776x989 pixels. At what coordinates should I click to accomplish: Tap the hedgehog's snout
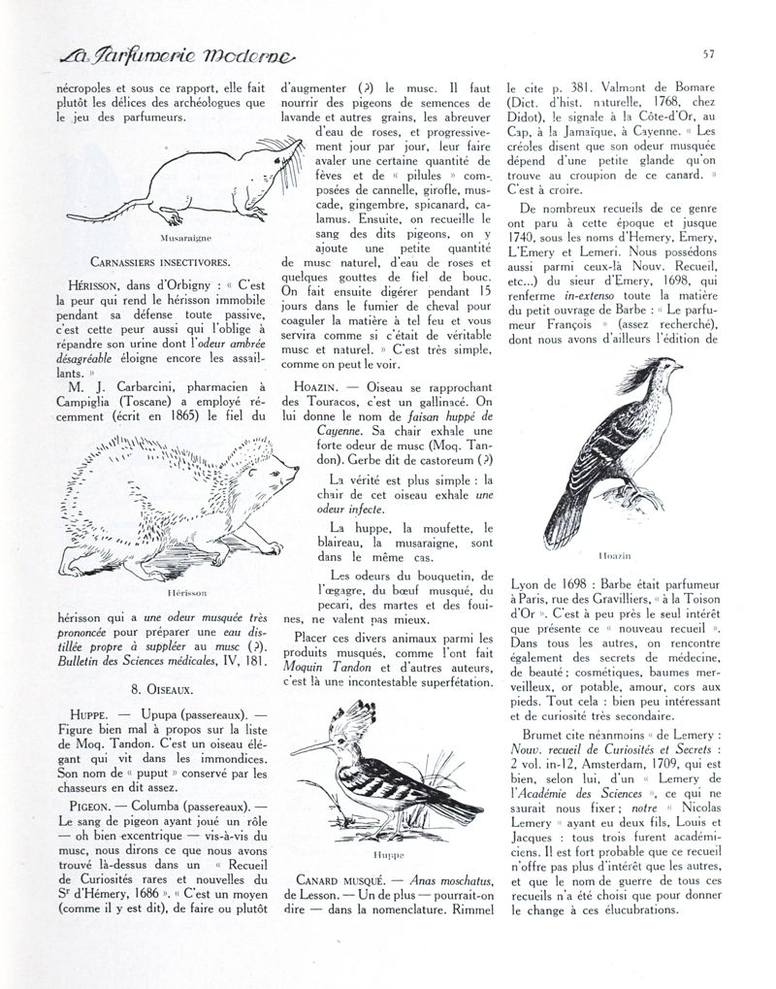[294, 473]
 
